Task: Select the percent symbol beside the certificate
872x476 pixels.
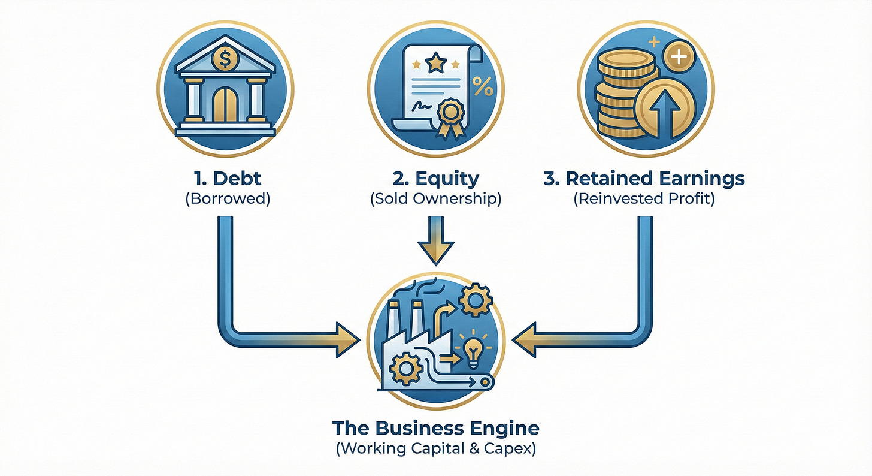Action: (483, 86)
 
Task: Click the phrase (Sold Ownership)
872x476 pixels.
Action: (436, 200)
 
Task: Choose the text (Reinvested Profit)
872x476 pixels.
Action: (644, 200)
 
